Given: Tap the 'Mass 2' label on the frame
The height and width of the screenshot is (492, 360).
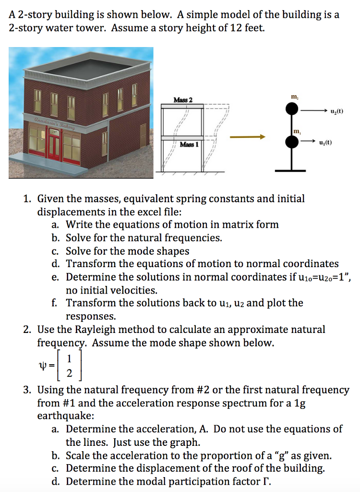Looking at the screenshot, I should (183, 99).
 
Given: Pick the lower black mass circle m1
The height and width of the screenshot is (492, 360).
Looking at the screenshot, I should (292, 142).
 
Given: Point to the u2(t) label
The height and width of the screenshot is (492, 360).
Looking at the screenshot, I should (337, 111).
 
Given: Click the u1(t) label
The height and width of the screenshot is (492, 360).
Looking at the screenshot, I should (325, 143).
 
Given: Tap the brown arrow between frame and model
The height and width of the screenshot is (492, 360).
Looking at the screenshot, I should (247, 137).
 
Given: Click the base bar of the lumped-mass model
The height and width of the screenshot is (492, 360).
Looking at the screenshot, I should (292, 170).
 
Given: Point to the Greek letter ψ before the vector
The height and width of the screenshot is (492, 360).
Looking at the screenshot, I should (41, 366).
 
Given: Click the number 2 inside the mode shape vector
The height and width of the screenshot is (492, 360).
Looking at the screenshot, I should (70, 374).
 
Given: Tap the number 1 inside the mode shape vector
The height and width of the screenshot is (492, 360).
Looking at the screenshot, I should (70, 358).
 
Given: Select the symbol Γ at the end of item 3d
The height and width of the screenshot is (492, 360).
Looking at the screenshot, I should (265, 481).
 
